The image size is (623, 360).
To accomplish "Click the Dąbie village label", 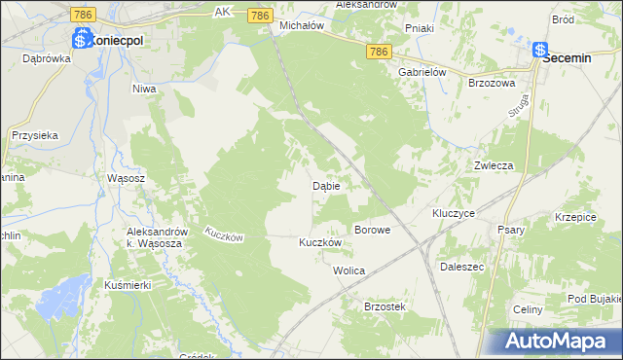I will pos(325,186).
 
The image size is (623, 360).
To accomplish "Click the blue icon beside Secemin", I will pos(539,51).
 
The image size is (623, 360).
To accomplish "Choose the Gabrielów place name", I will pos(421,72).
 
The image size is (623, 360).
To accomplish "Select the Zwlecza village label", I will pos(494,165).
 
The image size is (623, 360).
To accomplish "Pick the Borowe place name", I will pos(373,231).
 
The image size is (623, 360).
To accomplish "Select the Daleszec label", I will pos(462,266).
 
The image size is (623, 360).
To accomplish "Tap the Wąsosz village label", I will pos(127,179).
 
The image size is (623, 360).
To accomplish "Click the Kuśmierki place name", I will pos(125,286).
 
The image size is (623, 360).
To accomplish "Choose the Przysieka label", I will pos(35,136).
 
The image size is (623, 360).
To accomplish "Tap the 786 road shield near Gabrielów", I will pos(381,51).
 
